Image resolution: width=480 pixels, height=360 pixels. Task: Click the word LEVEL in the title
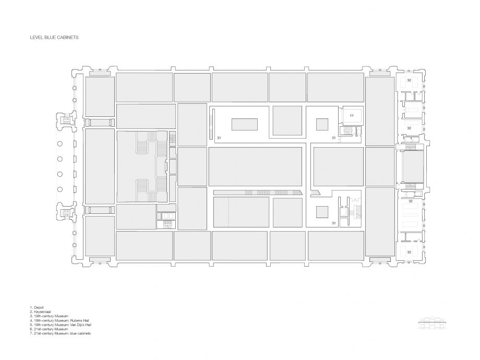point(35,38)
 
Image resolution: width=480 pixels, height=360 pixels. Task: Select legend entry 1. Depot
point(37,308)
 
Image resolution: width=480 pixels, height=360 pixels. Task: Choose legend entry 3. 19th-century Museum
point(49,316)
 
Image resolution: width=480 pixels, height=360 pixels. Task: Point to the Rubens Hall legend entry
point(59,320)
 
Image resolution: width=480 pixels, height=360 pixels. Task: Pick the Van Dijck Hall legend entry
point(61,325)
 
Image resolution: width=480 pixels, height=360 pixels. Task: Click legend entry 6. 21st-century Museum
point(49,329)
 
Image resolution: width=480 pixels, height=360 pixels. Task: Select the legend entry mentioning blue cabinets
point(61,333)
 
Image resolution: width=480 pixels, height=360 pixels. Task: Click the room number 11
point(352,116)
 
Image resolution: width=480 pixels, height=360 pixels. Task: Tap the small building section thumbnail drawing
point(432,323)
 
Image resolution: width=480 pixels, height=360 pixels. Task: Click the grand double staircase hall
point(142,166)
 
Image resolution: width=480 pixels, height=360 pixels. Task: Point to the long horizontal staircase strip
point(258,193)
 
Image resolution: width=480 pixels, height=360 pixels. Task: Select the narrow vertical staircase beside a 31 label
point(211,124)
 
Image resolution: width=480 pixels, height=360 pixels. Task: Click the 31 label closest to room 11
point(334,138)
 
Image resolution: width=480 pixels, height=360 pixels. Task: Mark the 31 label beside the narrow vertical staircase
point(219,138)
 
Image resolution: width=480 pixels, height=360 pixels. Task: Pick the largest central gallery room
point(256,166)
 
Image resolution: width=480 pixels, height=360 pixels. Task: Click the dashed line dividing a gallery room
point(228,212)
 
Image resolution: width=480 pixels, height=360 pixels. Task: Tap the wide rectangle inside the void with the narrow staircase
point(244,124)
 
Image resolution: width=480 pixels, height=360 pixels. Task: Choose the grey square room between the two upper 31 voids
point(287,121)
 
